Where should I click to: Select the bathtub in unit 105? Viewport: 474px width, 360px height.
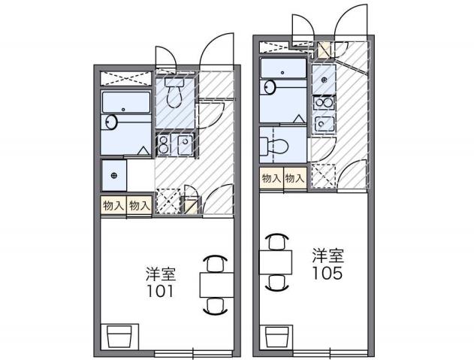point(282,69)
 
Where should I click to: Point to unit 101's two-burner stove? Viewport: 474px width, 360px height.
point(164,145)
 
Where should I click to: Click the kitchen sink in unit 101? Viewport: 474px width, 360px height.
point(185,144)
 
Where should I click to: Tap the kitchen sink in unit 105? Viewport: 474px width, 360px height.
point(324,123)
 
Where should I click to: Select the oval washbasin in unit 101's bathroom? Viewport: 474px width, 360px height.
point(112,122)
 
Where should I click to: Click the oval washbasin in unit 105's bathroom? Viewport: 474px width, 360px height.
point(268,87)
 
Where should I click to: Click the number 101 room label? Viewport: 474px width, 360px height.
point(160,290)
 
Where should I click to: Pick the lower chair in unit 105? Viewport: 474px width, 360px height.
point(276,283)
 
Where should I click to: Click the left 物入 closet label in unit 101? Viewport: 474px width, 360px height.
point(113,205)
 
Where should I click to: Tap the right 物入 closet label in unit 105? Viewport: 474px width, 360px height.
point(294,178)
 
